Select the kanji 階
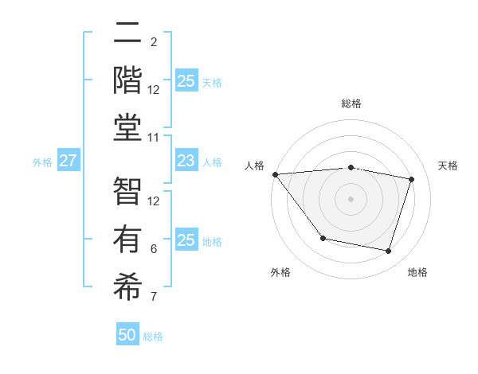click(x=127, y=80)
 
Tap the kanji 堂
click(x=127, y=127)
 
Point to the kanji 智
click(x=127, y=192)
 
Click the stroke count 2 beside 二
click(x=154, y=41)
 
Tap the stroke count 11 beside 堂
click(x=154, y=138)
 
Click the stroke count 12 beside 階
click(x=154, y=89)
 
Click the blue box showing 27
click(x=69, y=161)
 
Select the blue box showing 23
click(x=186, y=161)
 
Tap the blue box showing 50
click(x=127, y=335)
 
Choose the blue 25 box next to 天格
click(x=186, y=80)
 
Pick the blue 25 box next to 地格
click(x=186, y=240)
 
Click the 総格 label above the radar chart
click(x=351, y=103)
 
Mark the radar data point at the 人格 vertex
click(x=275, y=174)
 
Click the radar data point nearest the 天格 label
click(x=412, y=179)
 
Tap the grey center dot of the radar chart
click(x=351, y=198)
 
